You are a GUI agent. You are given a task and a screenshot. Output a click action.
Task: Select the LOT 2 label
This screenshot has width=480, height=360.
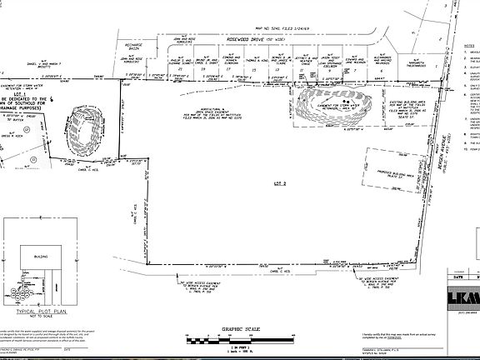[279, 182]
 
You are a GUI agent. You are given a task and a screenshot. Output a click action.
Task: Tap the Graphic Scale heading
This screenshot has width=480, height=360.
[240, 328]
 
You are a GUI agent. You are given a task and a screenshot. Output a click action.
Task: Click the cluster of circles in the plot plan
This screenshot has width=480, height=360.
[32, 287]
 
